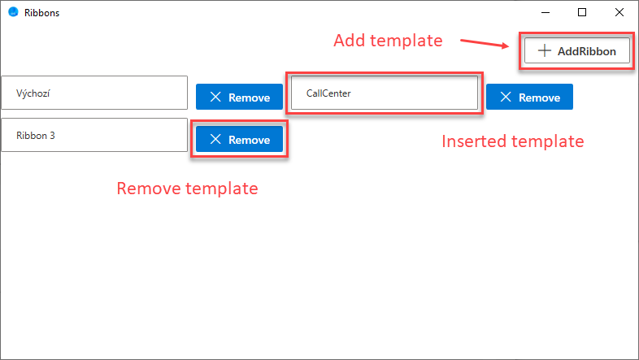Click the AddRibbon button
[577, 51]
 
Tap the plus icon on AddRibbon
[545, 51]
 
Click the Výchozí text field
[94, 93]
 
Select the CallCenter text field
[385, 93]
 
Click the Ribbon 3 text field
[94, 135]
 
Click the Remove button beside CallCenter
[529, 97]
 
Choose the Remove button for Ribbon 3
[239, 139]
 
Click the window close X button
[619, 13]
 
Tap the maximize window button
[582, 13]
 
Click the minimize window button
[546, 13]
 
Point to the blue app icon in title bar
[13, 12]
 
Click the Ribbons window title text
[41, 13]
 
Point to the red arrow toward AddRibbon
[485, 43]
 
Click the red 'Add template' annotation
[388, 41]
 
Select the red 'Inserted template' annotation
[513, 141]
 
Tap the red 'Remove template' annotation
[187, 189]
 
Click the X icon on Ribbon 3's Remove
[215, 139]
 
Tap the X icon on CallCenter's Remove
[506, 97]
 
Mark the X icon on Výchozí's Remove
[215, 97]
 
